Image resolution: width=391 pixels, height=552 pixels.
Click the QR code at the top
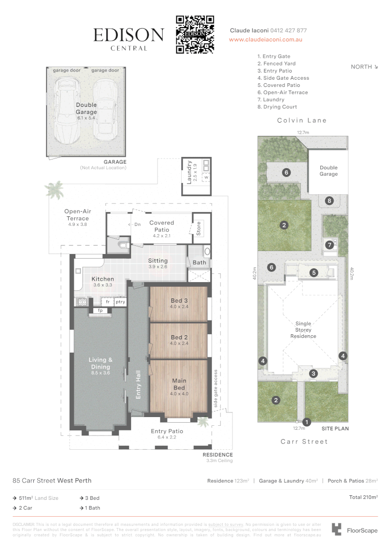coord(194,34)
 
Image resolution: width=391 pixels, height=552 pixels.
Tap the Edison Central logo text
coord(128,38)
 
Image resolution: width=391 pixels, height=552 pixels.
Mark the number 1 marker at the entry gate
coord(307,422)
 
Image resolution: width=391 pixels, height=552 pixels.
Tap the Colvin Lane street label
coord(301,121)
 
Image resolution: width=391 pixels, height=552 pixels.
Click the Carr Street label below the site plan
coord(303,441)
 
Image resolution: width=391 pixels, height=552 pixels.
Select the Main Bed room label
coord(179,384)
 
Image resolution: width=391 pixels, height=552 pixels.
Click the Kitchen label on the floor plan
coord(103,279)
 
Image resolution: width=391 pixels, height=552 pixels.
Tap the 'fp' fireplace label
coord(100,310)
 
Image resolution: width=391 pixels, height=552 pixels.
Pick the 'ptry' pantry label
coord(120,302)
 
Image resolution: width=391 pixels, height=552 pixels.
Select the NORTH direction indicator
coord(364,67)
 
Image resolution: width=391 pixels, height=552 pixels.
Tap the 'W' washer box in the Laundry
coord(206,177)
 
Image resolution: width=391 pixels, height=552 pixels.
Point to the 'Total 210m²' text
coord(363,497)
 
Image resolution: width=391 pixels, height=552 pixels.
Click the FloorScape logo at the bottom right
coord(355,530)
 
